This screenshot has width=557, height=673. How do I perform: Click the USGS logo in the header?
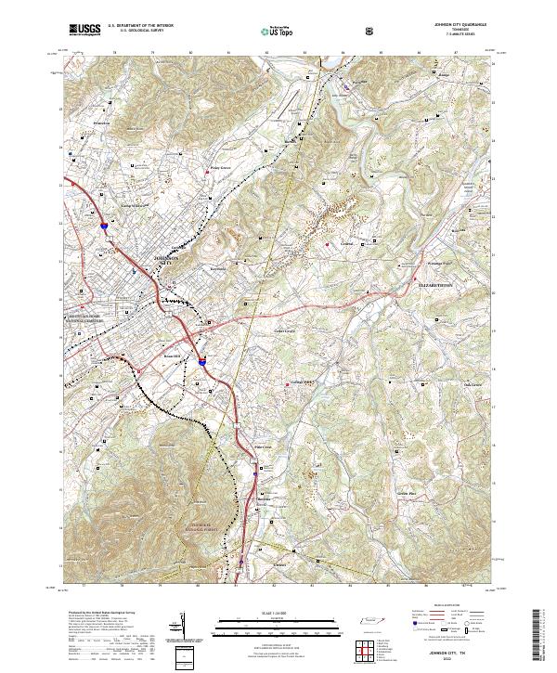point(84,30)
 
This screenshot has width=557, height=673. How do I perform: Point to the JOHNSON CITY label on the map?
point(162,261)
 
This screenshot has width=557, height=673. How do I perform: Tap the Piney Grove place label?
point(217,168)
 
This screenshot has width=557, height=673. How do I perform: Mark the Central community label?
point(347,245)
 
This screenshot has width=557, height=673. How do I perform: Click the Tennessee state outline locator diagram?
point(368,623)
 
